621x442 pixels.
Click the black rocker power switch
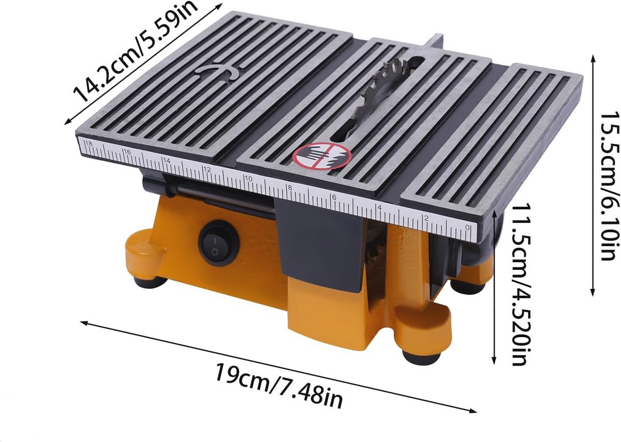tap(219, 243)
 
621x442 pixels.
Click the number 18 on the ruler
tap(89, 144)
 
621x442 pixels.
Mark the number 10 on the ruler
tap(249, 179)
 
